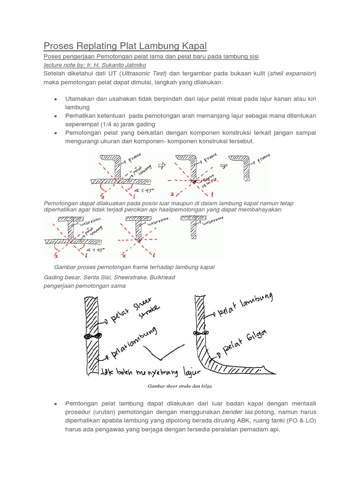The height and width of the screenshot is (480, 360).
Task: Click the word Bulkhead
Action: tap(161, 277)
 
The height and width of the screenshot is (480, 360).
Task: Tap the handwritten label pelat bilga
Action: tap(249, 340)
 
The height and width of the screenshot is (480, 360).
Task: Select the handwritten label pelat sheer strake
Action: tap(132, 315)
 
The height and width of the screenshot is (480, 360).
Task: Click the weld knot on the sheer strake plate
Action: tap(90, 336)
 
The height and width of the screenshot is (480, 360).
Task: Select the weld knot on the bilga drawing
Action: tap(199, 333)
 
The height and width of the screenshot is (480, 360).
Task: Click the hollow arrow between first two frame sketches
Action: tap(163, 165)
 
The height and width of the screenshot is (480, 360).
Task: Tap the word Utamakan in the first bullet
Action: tap(82, 99)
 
